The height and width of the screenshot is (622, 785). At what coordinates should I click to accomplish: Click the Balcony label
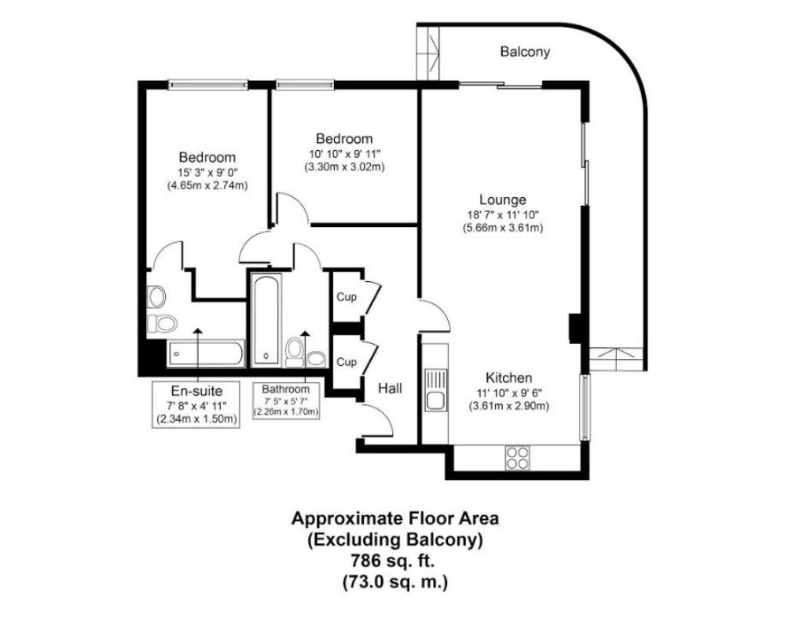click(x=525, y=52)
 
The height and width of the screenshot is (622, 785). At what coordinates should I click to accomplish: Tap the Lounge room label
click(x=503, y=199)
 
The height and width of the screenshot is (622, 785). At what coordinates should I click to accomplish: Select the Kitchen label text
click(x=508, y=377)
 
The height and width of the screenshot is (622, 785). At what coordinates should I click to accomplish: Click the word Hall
click(x=390, y=388)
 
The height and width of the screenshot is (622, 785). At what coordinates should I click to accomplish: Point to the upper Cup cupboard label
click(x=347, y=297)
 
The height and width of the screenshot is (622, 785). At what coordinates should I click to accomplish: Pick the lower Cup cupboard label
click(x=347, y=361)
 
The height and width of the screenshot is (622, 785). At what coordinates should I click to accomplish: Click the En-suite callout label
click(x=196, y=390)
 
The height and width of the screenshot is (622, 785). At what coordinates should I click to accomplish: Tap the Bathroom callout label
click(x=286, y=389)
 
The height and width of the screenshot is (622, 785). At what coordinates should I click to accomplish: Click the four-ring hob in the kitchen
click(x=517, y=457)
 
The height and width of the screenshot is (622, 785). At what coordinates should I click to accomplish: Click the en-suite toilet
click(x=162, y=324)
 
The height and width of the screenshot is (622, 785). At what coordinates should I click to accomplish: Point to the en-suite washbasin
click(x=156, y=296)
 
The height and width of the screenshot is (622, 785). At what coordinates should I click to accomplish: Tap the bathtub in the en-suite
click(x=206, y=353)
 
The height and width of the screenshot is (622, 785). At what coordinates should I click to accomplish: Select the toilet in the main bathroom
click(x=294, y=352)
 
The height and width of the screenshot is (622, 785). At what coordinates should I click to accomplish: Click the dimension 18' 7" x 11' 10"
click(x=503, y=215)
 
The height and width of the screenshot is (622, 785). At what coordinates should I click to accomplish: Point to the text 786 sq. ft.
click(x=393, y=560)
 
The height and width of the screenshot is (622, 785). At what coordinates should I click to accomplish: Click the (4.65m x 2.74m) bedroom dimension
click(x=207, y=185)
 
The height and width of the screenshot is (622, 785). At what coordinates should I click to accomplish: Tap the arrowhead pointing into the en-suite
click(x=198, y=331)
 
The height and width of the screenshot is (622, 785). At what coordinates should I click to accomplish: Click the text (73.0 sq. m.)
click(x=395, y=582)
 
